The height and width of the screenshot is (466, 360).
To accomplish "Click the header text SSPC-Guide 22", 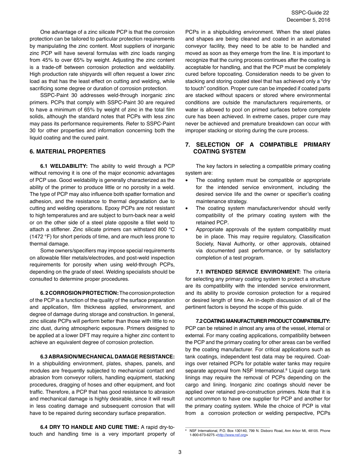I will (x=310, y=13).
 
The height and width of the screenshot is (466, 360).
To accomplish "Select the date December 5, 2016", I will (x=308, y=20).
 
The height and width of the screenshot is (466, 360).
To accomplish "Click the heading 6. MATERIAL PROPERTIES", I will (x=67, y=152).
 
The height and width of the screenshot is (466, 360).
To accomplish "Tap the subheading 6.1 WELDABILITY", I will (x=64, y=166).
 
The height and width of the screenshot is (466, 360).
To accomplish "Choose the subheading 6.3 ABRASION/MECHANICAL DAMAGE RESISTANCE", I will (x=107, y=357).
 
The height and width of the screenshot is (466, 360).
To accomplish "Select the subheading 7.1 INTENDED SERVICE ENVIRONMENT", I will (x=248, y=272).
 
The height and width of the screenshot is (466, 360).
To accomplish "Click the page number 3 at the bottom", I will (x=180, y=452).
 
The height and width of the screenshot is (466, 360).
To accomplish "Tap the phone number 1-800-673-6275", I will (x=202, y=435).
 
